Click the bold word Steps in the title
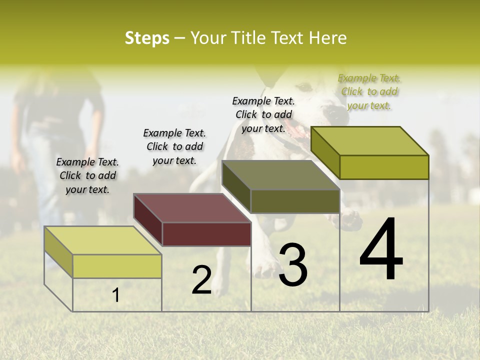147,38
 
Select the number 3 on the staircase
292,265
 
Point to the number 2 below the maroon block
201,280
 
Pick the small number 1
116,295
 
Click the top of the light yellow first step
103,240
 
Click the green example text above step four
369,91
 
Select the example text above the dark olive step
263,114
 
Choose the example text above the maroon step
174,146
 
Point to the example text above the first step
87,175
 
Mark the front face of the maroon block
206,234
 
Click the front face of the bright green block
384,167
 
